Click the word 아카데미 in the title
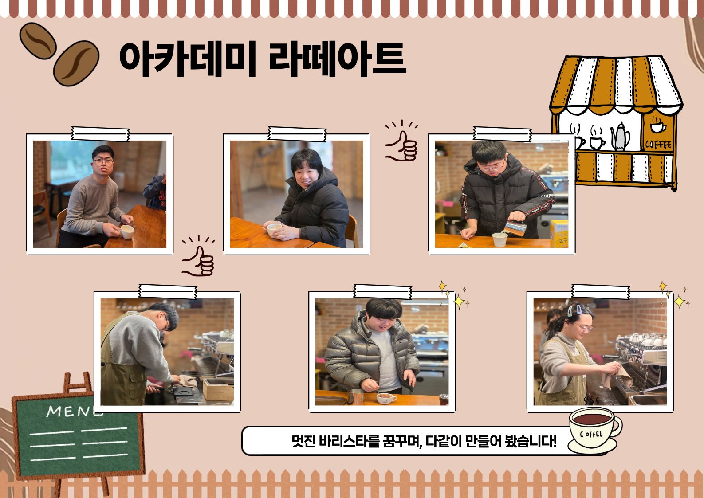pyautogui.click(x=188, y=59)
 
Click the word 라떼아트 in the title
pyautogui.click(x=338, y=59)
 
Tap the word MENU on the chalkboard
pyautogui.click(x=75, y=411)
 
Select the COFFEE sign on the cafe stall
pyautogui.click(x=658, y=145)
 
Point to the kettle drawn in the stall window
pyautogui.click(x=620, y=137)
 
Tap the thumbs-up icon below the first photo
pyautogui.click(x=198, y=256)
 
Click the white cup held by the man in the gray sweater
pyautogui.click(x=127, y=232)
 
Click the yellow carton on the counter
pyautogui.click(x=559, y=234)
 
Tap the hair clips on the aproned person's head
pyautogui.click(x=574, y=310)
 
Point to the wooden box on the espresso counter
pyautogui.click(x=218, y=389)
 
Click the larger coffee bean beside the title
pyautogui.click(x=76, y=63)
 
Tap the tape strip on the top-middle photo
pyautogui.click(x=297, y=134)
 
